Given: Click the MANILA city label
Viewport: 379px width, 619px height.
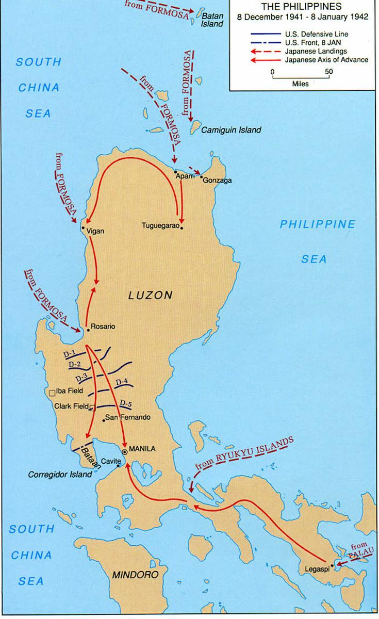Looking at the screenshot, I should [x=142, y=448].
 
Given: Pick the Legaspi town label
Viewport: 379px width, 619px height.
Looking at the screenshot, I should [x=312, y=570].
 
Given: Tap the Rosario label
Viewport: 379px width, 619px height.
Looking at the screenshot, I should [x=103, y=327].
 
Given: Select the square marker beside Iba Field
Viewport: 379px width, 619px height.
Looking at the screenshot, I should [x=52, y=393].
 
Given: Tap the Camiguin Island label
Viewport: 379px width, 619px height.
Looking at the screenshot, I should [x=231, y=130].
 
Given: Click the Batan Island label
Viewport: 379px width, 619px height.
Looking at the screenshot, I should [x=212, y=20].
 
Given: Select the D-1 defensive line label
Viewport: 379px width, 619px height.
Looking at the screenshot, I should [x=70, y=354].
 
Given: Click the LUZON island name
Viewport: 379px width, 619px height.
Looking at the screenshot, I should [x=150, y=295].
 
